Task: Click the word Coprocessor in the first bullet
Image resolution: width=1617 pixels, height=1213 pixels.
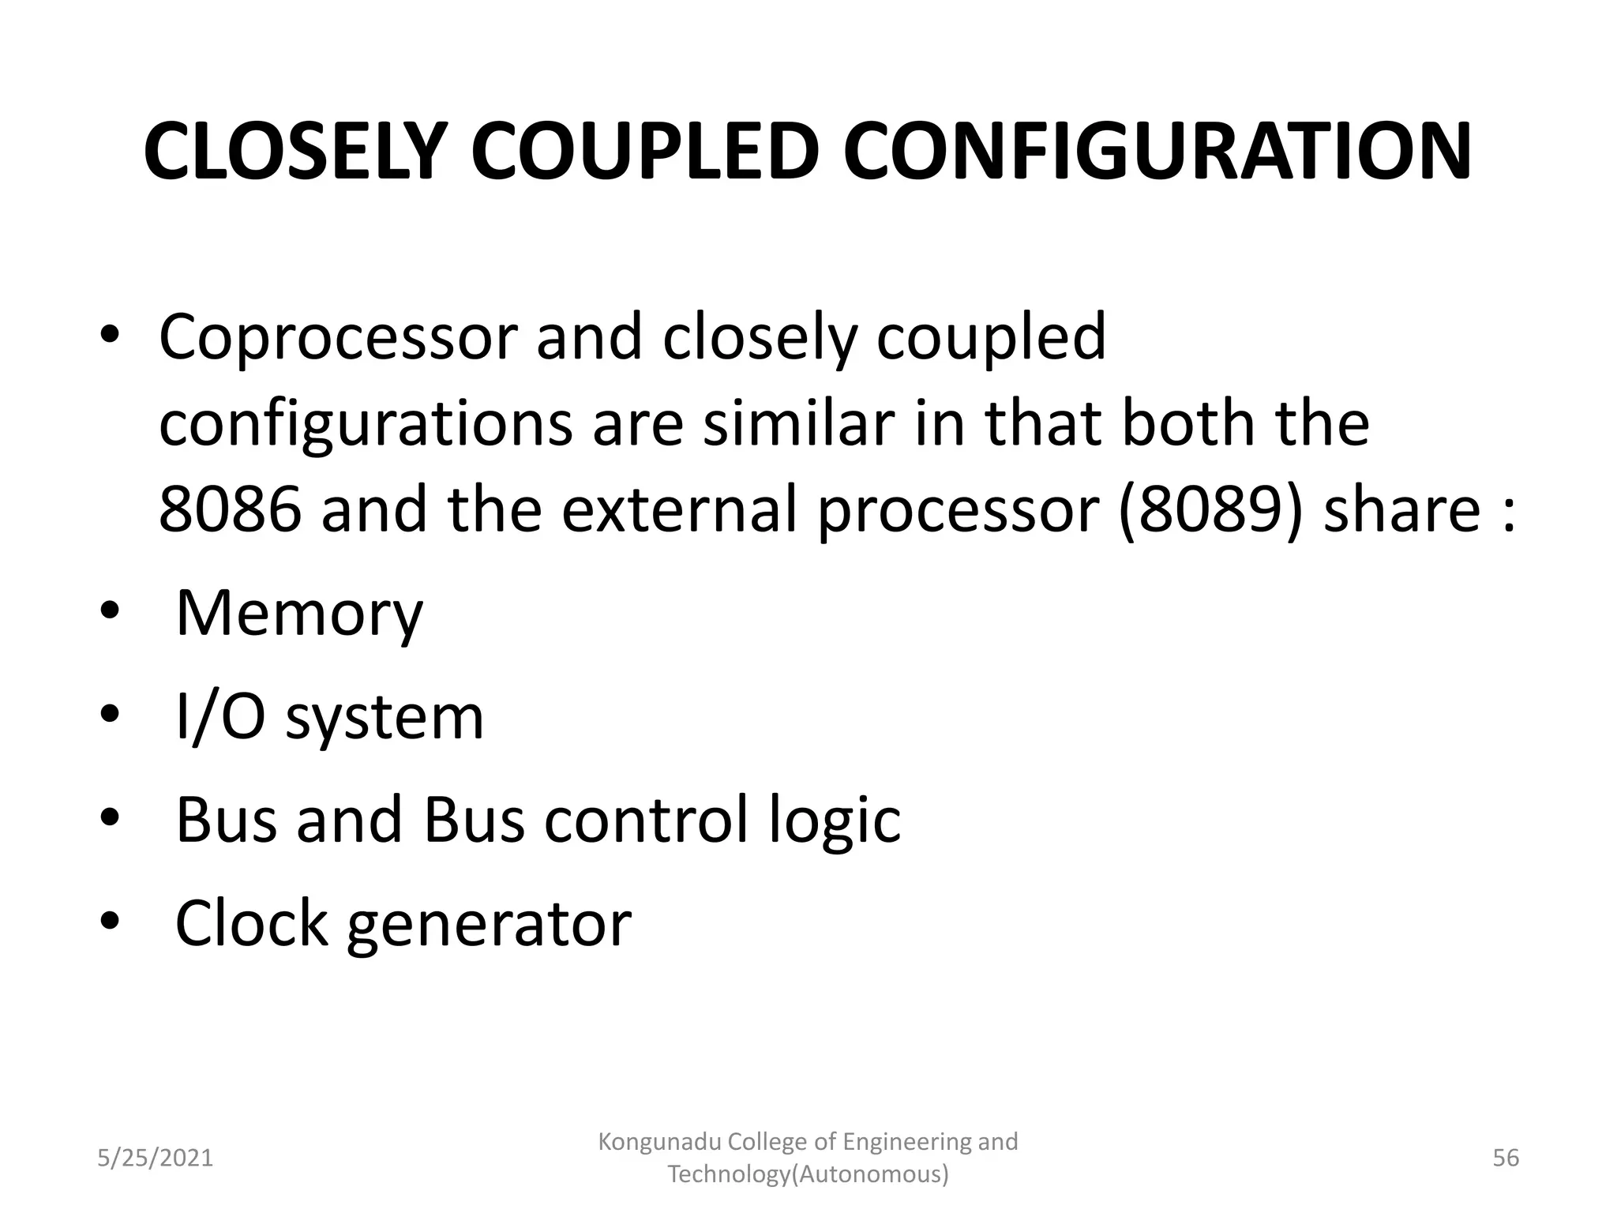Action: (337, 338)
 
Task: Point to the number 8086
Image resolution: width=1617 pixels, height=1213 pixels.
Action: (230, 509)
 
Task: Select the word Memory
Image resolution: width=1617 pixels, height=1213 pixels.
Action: (299, 614)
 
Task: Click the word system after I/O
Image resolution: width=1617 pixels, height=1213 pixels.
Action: (384, 719)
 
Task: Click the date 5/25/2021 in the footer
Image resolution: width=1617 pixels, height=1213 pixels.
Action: (155, 1158)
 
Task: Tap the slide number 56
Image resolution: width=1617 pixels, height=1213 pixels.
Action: (1506, 1158)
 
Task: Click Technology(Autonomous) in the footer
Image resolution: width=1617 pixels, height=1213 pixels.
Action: (808, 1174)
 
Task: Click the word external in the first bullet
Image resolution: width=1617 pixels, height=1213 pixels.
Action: (680, 509)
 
